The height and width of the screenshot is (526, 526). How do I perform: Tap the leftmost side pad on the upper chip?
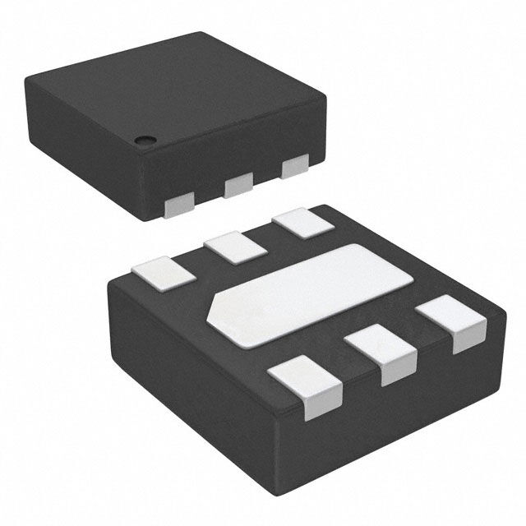[181, 205]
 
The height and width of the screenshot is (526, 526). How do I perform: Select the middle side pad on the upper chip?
[238, 184]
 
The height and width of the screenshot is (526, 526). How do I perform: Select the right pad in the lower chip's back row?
[297, 222]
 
